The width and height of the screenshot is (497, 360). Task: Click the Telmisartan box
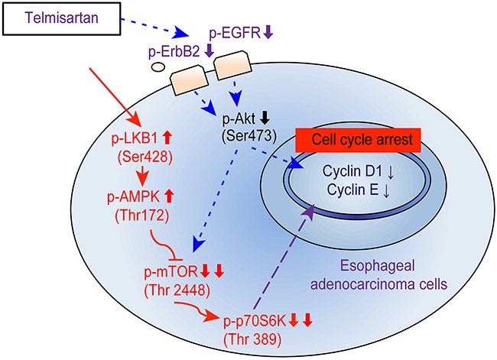pos(62,16)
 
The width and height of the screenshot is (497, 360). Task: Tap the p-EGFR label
pos(231,33)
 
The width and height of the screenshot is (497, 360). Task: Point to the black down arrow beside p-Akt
pos(264,118)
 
